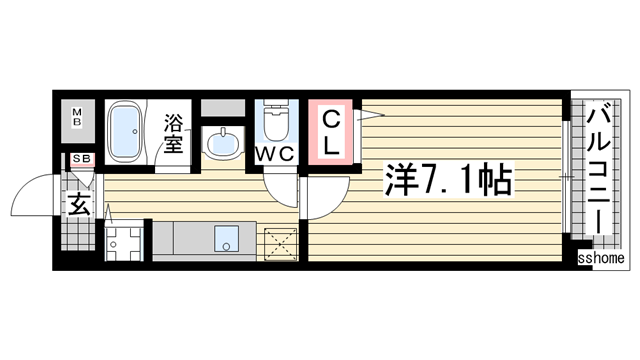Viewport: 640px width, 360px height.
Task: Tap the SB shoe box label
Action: (77, 159)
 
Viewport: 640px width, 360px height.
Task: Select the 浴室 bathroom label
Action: (173, 134)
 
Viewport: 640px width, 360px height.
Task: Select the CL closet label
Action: (332, 132)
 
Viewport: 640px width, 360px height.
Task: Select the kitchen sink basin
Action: (230, 240)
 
